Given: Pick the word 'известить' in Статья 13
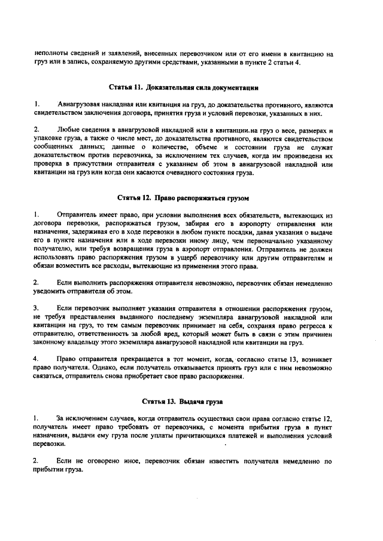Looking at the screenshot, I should [207, 461].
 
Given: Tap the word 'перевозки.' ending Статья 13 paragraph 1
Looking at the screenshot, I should [50, 445].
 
